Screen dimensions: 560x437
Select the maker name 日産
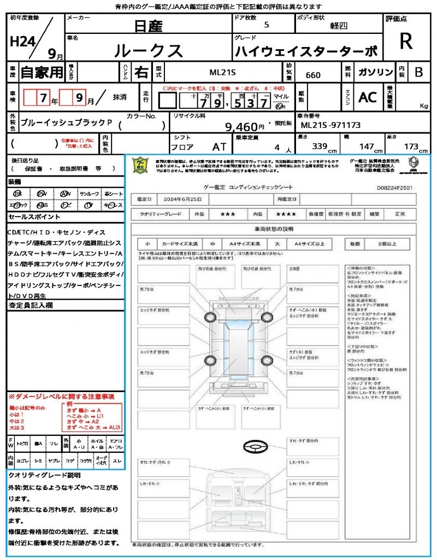pyautogui.click(x=148, y=25)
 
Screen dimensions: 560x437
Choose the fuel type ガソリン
pyautogui.click(x=375, y=72)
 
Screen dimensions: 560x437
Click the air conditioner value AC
pyautogui.click(x=368, y=97)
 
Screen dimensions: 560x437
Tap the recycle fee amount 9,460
pyautogui.click(x=241, y=127)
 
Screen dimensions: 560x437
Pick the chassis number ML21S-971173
pyautogui.click(x=331, y=125)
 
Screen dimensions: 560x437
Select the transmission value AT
pyautogui.click(x=218, y=146)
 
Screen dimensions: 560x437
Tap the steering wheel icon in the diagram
pyautogui.click(x=255, y=447)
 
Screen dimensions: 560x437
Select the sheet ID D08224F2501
pyautogui.click(x=394, y=187)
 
